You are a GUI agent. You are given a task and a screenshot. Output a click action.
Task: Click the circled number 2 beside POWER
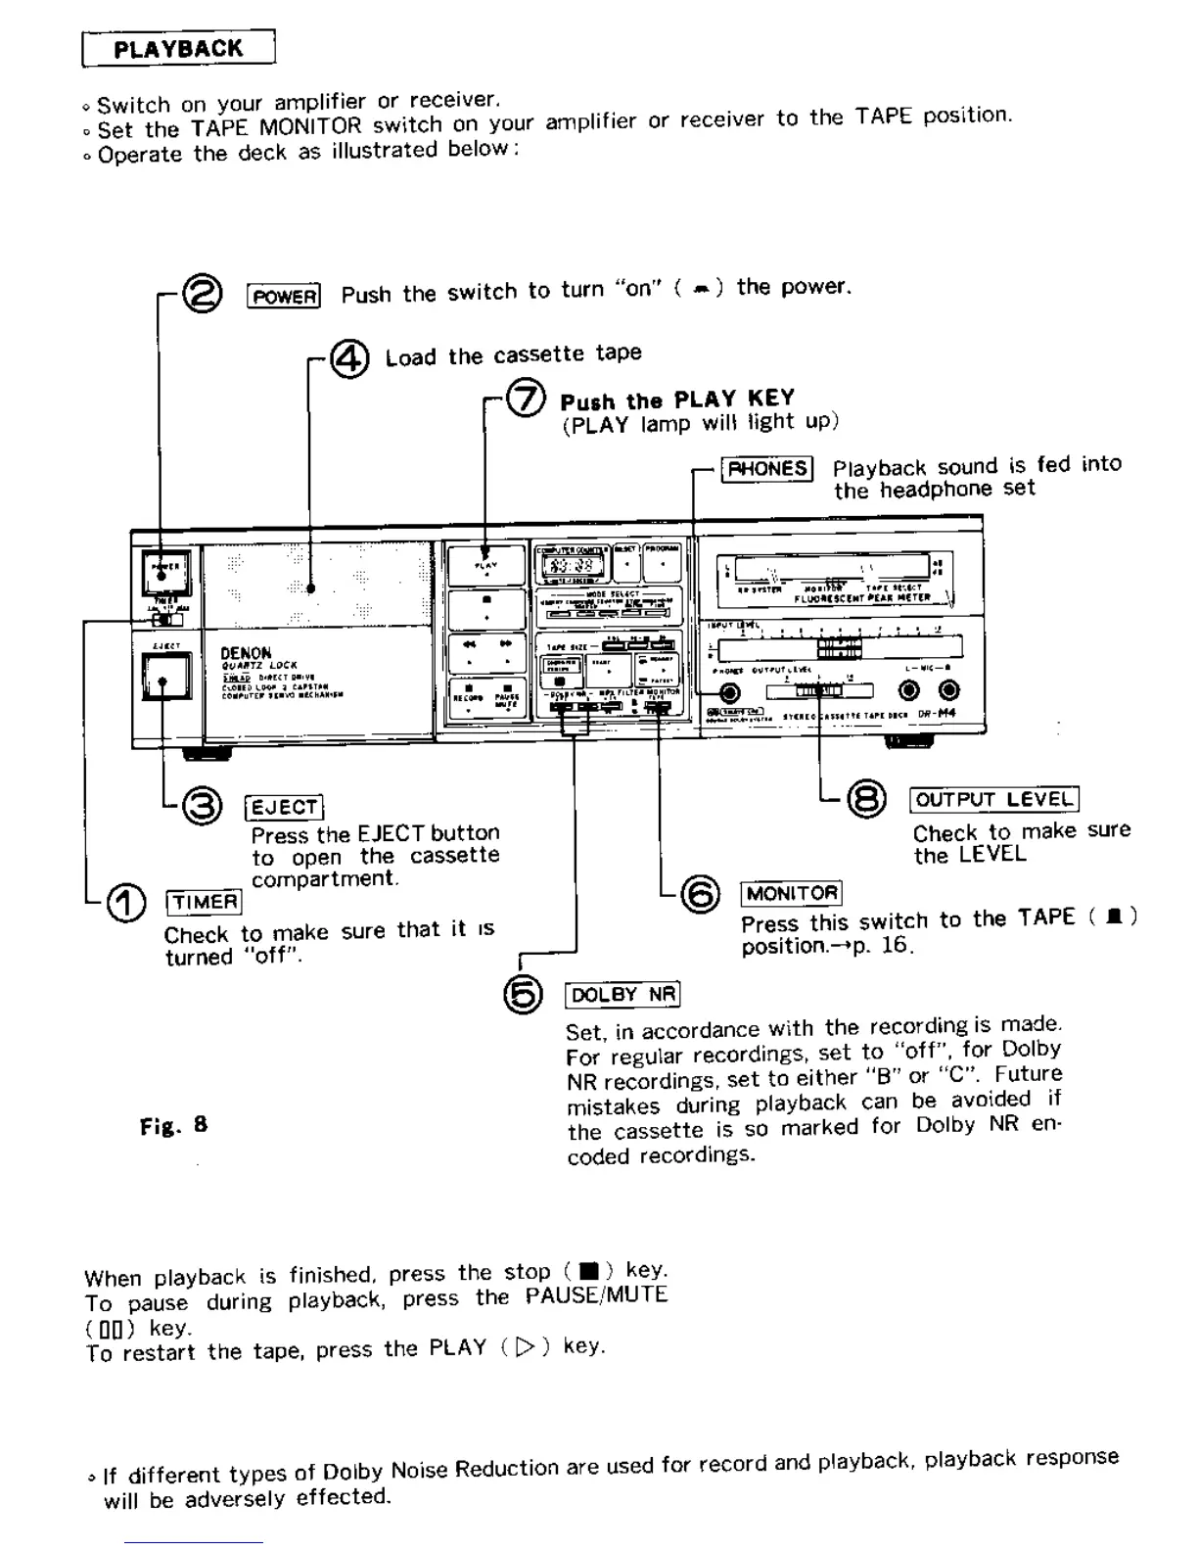point(204,294)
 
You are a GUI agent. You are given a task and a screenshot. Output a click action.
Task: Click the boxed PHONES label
point(767,469)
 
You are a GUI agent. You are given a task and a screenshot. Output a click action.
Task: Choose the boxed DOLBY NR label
point(622,995)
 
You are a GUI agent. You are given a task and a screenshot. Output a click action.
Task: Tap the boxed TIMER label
point(204,901)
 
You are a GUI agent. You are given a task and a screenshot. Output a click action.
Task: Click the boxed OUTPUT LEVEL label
point(993,799)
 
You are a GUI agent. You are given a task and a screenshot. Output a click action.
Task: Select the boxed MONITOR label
point(792,893)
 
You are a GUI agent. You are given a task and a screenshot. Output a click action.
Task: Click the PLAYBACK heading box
point(178,49)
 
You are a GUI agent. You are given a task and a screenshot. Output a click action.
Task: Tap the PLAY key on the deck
point(486,565)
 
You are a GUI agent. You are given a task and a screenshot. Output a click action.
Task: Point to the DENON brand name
point(246,652)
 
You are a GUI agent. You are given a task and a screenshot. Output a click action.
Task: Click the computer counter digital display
point(570,566)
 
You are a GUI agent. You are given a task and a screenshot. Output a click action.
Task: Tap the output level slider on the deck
point(818,691)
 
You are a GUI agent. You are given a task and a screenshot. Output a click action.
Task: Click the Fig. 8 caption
point(173,1125)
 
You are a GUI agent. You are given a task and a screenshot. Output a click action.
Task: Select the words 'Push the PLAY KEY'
point(676,399)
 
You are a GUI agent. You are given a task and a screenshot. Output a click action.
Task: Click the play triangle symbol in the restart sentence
point(527,1347)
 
